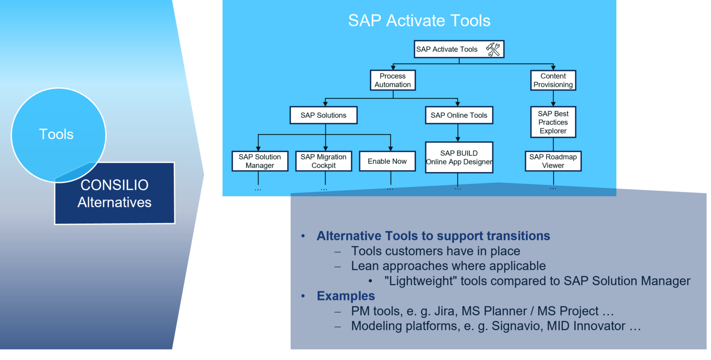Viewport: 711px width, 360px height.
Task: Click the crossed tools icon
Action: pos(493,49)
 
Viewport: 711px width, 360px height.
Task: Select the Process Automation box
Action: pos(392,80)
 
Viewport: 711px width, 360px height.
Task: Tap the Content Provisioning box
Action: pos(553,80)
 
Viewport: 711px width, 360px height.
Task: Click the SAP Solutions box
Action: pos(323,115)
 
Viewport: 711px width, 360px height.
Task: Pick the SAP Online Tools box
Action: pos(459,115)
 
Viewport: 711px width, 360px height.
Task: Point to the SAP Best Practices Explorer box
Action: pos(553,122)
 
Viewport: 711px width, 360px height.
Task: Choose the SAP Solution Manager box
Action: pos(260,161)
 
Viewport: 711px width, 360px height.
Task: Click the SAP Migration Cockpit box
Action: pos(323,161)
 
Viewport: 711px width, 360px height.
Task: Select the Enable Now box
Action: pos(387,161)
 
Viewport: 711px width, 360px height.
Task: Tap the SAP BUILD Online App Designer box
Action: pos(459,157)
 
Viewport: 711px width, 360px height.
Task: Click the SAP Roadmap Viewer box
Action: pos(553,161)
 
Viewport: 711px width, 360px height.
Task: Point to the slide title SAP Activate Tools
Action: pos(419,21)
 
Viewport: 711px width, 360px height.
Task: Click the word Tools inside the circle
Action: pos(56,134)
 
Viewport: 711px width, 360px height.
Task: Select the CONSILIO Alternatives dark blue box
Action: pos(115,193)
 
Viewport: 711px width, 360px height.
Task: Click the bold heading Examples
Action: pos(346,296)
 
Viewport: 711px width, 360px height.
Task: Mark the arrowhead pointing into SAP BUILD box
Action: pos(458,139)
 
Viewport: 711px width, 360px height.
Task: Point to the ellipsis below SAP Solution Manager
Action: pos(258,189)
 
